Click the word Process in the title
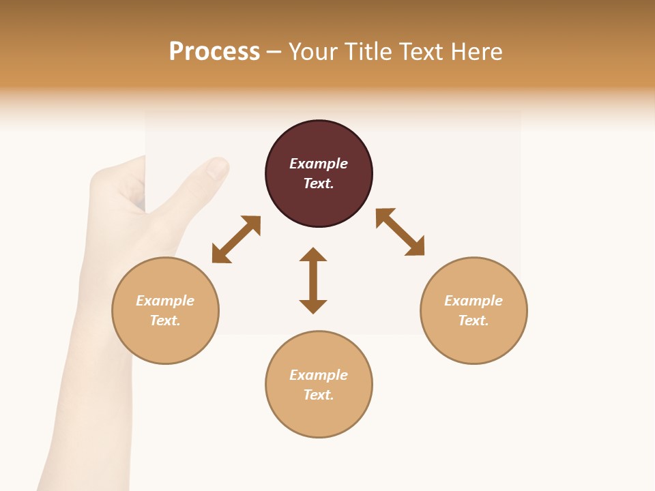pos(214,52)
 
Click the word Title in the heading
pos(365,52)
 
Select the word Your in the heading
pos(314,52)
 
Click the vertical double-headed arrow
pos(313,280)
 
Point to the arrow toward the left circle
pos(236,239)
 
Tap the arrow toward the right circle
pos(401,233)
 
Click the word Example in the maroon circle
pos(319,164)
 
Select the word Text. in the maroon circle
pos(319,183)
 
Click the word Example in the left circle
pos(165,301)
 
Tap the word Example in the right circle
pos(474,301)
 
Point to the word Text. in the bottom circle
pos(319,395)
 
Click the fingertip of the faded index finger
pos(218,167)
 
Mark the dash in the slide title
pos(274,53)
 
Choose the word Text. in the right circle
pos(474,321)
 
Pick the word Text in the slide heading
pos(418,52)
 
